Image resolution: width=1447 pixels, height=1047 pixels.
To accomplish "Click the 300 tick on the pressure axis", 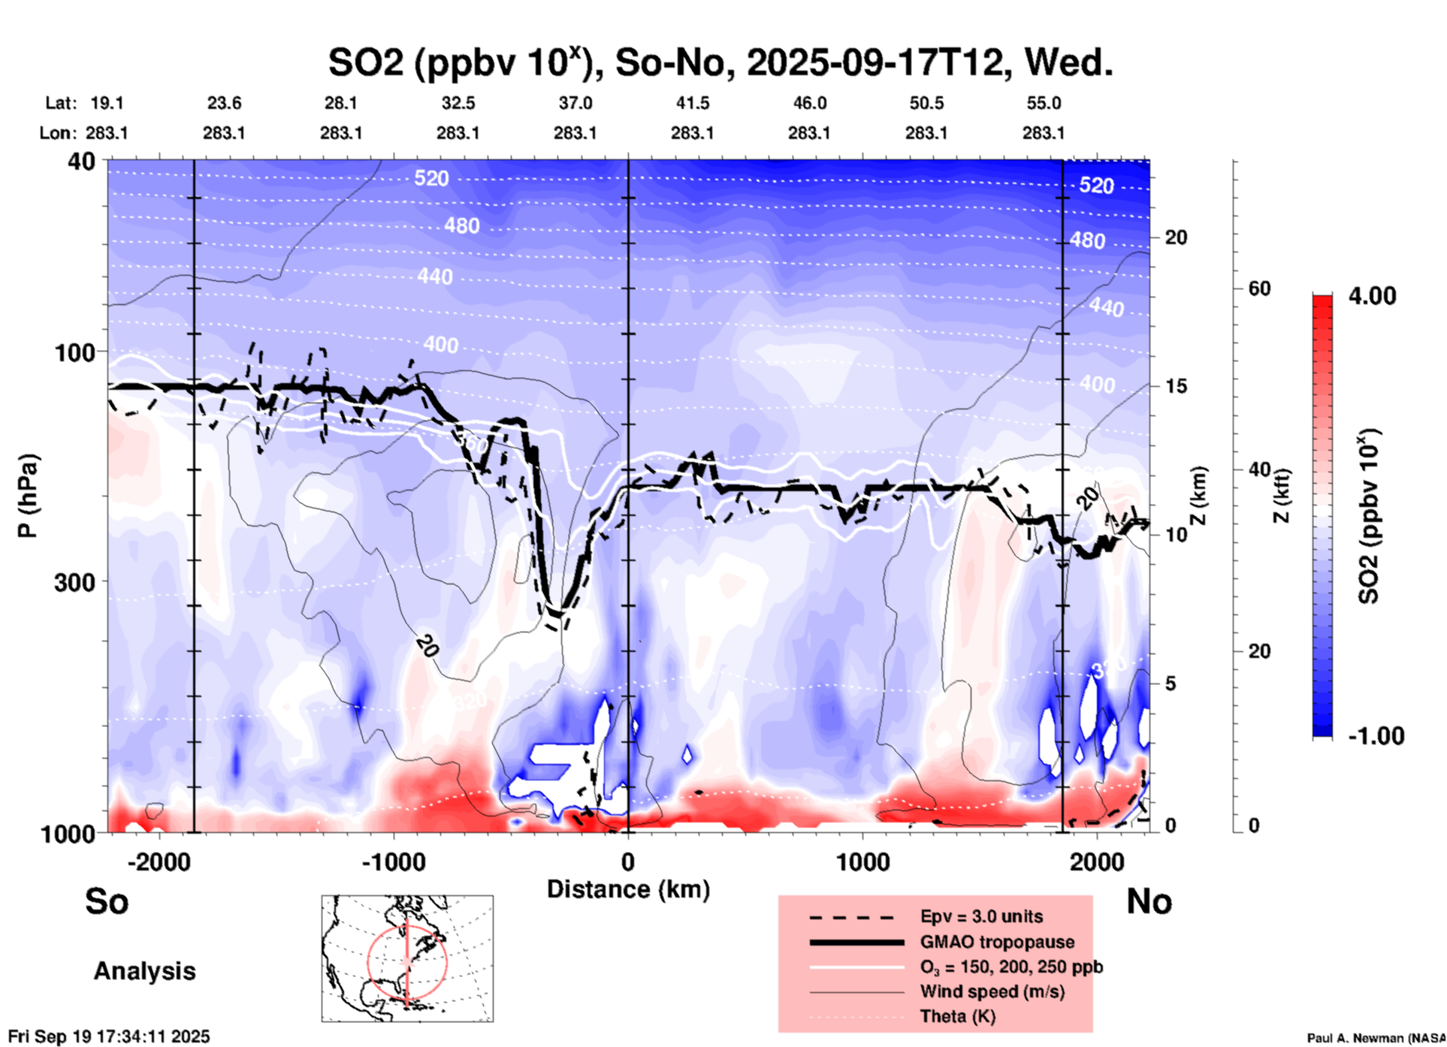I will pos(74,581).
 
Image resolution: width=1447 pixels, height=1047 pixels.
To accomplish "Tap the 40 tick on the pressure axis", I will pos(81,161).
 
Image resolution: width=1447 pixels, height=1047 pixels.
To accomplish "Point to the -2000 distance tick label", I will pos(159,861).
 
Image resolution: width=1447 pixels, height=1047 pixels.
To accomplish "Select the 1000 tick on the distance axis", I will pos(862,861).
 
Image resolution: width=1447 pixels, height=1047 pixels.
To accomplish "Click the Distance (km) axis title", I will pos(628,889).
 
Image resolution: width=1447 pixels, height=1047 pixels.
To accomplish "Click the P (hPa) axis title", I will pos(28,496).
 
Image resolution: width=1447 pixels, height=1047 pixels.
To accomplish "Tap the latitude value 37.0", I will pos(575,103).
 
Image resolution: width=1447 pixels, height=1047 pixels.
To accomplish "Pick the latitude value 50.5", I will pos(926,103).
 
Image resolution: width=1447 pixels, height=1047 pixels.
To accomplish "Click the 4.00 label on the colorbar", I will pos(1372,296).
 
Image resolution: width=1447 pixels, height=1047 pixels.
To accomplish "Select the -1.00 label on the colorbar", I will pos(1375,736).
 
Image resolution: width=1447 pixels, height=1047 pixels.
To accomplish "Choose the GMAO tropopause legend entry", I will pos(997,942).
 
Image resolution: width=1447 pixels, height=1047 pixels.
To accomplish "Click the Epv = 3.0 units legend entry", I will pos(981,916).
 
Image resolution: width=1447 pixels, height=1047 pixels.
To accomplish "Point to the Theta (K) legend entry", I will pos(957,1016).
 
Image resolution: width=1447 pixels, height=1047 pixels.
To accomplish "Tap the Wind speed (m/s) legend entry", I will pos(992,991).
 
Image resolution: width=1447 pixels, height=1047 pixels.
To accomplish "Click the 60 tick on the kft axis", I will pos(1259,288).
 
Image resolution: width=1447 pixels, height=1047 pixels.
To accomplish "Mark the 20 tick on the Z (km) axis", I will pos(1176,237).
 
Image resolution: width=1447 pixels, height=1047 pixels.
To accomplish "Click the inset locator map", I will pos(407,958).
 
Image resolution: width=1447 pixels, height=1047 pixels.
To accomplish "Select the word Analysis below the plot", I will pos(144,970).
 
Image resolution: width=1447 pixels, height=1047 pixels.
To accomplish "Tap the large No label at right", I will pos(1149,901).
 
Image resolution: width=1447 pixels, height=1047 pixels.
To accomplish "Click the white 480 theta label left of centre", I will pos(461,225).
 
